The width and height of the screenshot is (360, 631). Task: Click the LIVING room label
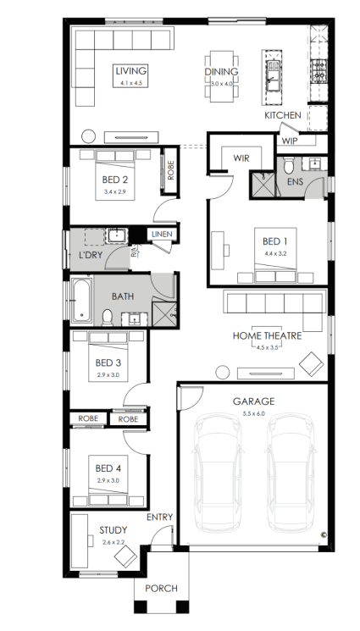tap(131, 71)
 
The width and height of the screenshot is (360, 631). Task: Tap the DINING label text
tap(221, 72)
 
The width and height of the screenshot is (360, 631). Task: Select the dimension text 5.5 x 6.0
tap(253, 413)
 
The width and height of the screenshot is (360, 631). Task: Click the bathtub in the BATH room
tap(82, 300)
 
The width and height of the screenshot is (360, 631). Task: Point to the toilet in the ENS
tap(289, 165)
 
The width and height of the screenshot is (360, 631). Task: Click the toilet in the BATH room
tap(108, 318)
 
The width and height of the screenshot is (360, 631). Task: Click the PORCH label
tap(161, 589)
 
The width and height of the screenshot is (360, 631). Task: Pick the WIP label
tap(290, 141)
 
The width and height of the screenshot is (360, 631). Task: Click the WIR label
tap(241, 158)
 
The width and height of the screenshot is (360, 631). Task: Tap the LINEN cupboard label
tap(163, 235)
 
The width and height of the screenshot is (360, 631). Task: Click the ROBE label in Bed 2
tap(171, 170)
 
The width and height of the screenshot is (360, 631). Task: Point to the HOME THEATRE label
tap(267, 335)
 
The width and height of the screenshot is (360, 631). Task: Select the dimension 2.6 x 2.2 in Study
tap(114, 542)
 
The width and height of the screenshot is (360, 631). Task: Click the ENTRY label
tap(159, 518)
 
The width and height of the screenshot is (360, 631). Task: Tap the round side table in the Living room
tap(89, 136)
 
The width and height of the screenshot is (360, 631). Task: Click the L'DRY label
tap(91, 255)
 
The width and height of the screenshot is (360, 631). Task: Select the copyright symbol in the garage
tap(324, 534)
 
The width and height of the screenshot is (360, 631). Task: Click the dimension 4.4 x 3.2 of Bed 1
tap(275, 253)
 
